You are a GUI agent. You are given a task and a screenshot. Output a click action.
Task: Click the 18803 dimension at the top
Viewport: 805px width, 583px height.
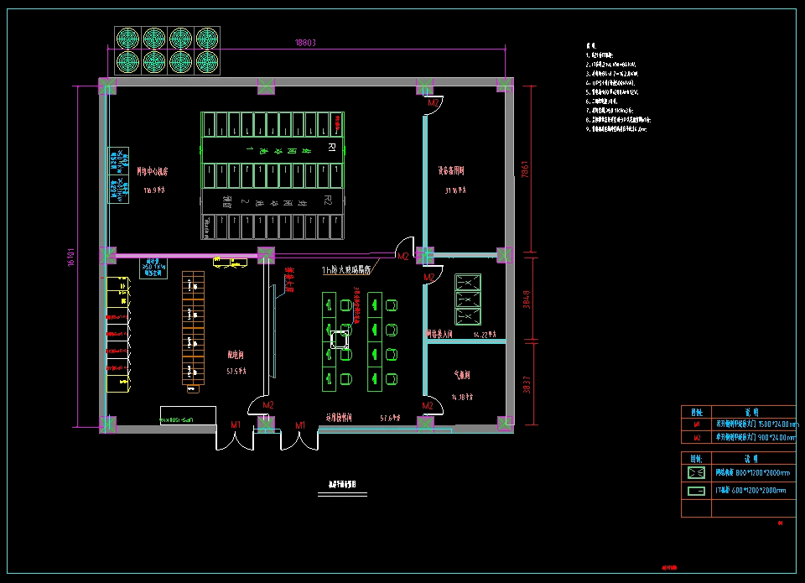(x=304, y=42)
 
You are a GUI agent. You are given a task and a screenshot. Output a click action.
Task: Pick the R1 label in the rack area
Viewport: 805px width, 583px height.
(x=330, y=148)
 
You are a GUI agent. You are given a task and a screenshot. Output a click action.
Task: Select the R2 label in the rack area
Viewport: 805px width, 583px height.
(x=328, y=201)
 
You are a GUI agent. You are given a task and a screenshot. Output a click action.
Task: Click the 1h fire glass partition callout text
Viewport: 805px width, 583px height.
(x=346, y=270)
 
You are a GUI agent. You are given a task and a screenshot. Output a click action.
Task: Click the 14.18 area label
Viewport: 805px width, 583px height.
(x=463, y=397)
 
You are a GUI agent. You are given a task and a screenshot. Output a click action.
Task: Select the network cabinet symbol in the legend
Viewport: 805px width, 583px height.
(x=696, y=472)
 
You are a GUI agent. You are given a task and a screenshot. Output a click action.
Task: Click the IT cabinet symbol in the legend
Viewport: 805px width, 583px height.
(x=696, y=490)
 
